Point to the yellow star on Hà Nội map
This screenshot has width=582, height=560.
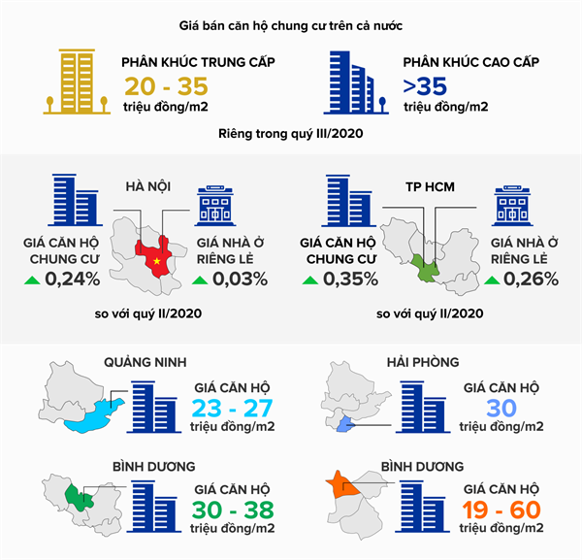(x=153, y=261)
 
